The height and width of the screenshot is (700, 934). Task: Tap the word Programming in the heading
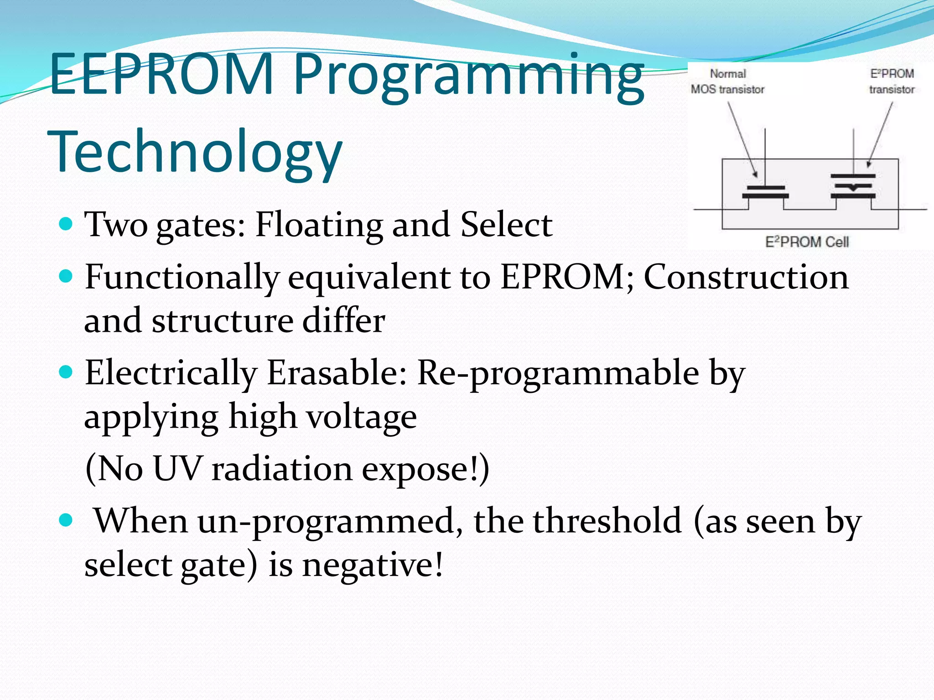pos(469,77)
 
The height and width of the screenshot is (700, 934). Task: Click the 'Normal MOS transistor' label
pos(727,82)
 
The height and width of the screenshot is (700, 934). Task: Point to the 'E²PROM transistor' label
pos(892,82)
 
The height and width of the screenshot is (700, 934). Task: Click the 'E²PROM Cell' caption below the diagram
pos(807,242)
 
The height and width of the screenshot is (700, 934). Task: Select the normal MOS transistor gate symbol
pos(765,192)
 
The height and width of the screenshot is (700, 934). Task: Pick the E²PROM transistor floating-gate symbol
pos(853,186)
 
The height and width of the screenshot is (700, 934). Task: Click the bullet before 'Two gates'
pos(66,224)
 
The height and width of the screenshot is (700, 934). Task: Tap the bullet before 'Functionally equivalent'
pos(66,276)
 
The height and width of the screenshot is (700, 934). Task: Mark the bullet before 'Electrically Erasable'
pos(66,372)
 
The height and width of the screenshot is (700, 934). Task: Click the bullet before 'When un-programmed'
pos(66,520)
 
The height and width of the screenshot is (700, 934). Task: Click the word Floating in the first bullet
pos(318,225)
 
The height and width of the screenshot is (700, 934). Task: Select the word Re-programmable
pos(558,373)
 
